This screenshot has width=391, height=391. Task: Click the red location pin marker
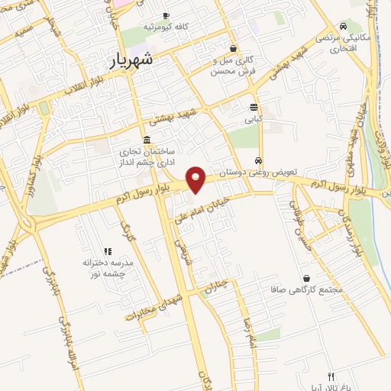[196, 179]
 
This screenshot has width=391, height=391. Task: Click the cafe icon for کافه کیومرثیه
[166, 16]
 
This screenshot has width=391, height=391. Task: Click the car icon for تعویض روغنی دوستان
[260, 161]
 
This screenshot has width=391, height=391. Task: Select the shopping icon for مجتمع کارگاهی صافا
[307, 279]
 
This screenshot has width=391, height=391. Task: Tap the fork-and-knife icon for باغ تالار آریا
[331, 376]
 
